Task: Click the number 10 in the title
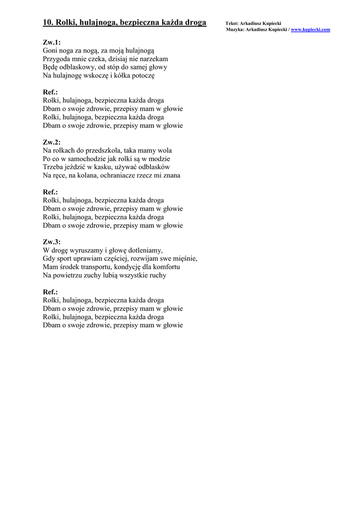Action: pos(48,22)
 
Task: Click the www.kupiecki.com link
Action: pos(310,30)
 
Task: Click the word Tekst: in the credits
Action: pos(231,23)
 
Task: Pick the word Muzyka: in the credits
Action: pos(235,30)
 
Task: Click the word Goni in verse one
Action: pos(50,51)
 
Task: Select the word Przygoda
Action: pos(57,59)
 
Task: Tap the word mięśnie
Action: pos(184,258)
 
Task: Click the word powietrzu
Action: pos(68,275)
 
